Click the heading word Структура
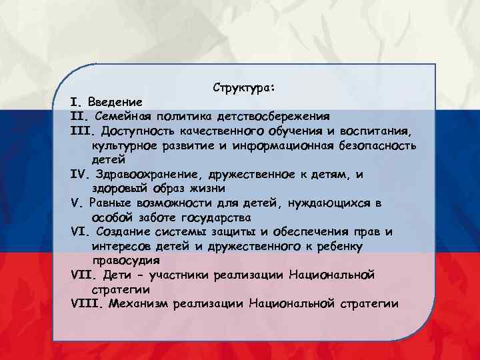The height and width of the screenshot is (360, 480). [245, 88]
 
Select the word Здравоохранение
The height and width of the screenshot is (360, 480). [139, 175]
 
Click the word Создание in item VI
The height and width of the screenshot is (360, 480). [121, 232]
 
